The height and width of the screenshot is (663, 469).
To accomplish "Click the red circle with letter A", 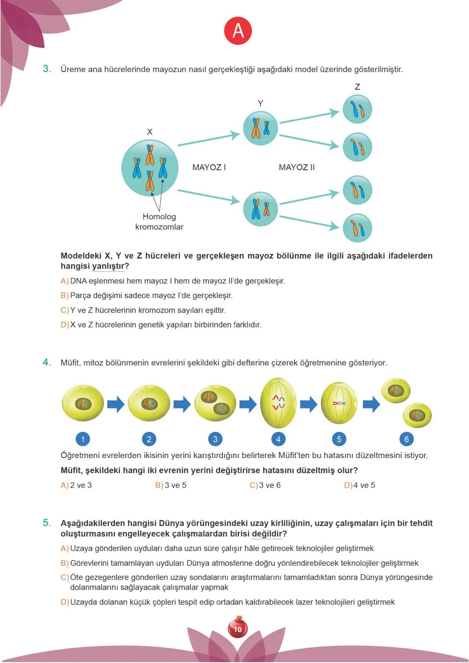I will [x=238, y=31].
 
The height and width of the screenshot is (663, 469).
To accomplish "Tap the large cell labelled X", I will [x=150, y=168].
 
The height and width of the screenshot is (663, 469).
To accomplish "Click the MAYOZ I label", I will [x=209, y=167].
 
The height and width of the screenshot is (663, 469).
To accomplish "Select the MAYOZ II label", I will [x=297, y=167].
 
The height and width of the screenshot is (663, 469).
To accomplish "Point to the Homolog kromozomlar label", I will [x=159, y=221].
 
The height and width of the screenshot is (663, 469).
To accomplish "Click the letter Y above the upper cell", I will [x=260, y=103].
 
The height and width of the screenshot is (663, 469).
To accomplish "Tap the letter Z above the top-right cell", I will [x=357, y=87].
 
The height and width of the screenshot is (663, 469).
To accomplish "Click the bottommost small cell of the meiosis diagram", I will [x=357, y=228].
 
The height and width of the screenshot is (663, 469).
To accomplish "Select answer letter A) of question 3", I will [x=64, y=281].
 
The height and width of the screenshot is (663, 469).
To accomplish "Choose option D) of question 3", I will [x=64, y=325].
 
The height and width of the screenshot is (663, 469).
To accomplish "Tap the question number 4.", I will [x=47, y=362].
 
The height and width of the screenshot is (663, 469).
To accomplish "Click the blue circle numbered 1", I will [x=83, y=439].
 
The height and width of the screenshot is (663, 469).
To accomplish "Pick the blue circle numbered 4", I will [x=278, y=439].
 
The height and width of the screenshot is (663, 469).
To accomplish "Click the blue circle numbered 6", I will [x=406, y=439].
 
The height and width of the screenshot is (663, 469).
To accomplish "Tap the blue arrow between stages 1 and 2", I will [x=116, y=404].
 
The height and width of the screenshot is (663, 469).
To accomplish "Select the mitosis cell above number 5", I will [x=339, y=403].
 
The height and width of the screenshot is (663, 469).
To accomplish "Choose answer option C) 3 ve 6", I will [x=265, y=485].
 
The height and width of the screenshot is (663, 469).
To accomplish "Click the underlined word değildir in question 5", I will [x=267, y=534].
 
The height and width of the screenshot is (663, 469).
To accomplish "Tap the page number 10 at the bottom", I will [x=238, y=629].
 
